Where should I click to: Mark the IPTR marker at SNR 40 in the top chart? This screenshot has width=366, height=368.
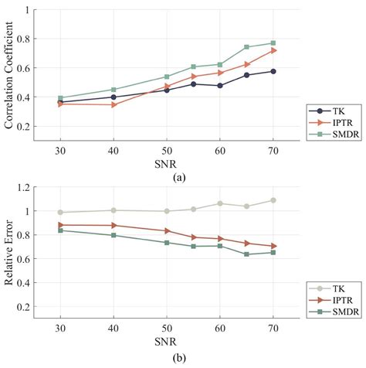(114, 104)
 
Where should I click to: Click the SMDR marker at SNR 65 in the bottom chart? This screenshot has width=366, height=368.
(246, 254)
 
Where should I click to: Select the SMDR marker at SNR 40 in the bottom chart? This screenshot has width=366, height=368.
(114, 235)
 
